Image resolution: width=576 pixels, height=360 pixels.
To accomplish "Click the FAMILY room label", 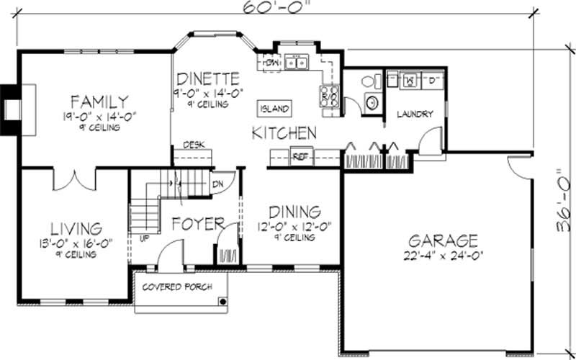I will (100, 101).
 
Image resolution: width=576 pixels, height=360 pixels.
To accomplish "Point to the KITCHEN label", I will (284, 132).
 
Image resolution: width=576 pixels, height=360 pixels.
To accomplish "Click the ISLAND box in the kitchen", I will (275, 109).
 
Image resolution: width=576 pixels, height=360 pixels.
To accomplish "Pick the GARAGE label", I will (443, 240).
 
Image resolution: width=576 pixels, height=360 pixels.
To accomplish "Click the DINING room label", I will (294, 212).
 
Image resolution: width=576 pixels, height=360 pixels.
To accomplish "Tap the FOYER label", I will (198, 224).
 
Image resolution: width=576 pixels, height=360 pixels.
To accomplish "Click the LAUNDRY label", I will (413, 114).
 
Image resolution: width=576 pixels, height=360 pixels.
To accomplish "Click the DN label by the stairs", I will (217, 184).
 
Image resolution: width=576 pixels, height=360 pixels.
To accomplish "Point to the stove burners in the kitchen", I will (328, 96).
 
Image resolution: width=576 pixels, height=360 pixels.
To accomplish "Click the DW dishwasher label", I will (271, 63).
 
